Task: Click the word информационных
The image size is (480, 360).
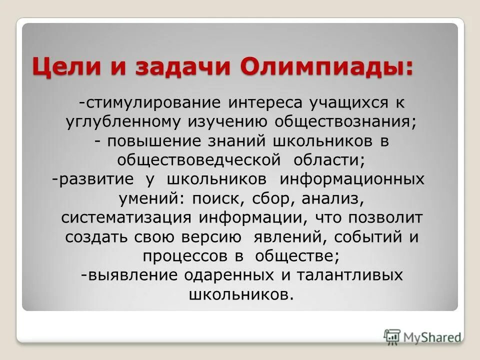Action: tap(351, 179)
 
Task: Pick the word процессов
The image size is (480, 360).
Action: tap(186, 256)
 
